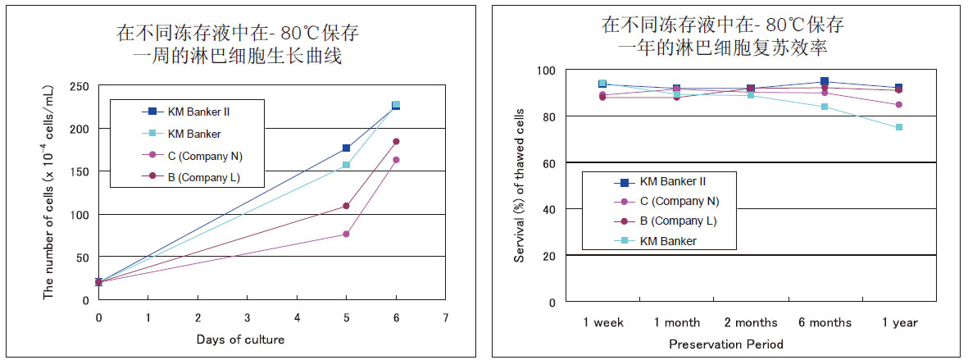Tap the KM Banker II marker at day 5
coord(346,148)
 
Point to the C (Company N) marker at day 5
coord(346,235)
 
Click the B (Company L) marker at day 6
coord(396,142)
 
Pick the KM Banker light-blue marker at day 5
coord(346,165)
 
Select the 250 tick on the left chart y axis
coord(79,86)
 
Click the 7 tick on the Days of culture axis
coord(445,317)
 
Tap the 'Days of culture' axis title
coord(240,339)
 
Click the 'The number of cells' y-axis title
coord(49,193)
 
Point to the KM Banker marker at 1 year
coord(899,127)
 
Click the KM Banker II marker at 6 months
coord(825,82)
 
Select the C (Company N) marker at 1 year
coord(899,104)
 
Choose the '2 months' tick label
coord(750,322)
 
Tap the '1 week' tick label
coord(602,322)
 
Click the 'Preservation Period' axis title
coord(725,344)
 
